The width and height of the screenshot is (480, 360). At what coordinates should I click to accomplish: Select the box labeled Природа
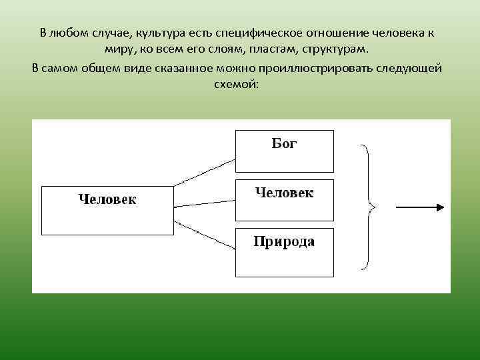(x=284, y=252)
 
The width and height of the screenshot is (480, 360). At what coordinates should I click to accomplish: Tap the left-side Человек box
(x=107, y=211)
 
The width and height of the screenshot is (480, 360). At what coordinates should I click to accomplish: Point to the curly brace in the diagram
(x=367, y=207)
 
